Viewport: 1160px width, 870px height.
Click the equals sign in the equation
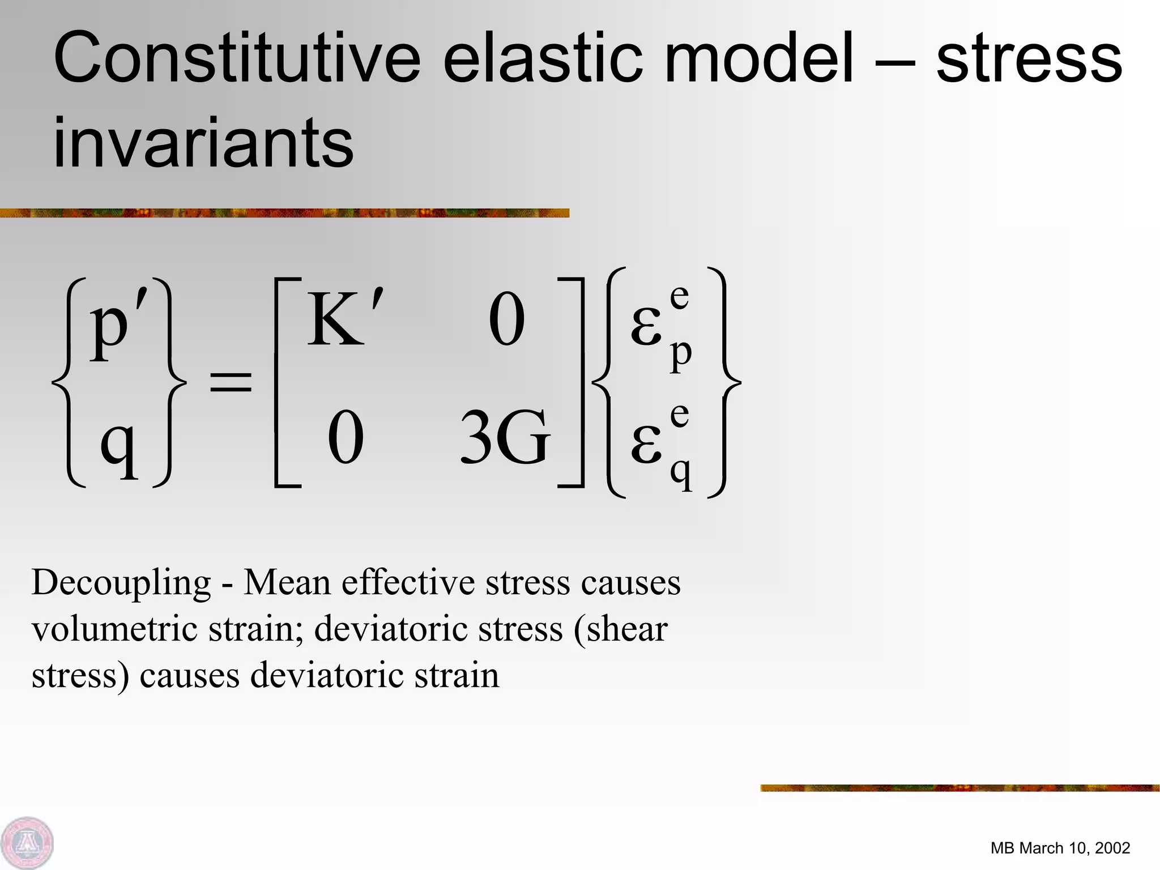point(231,382)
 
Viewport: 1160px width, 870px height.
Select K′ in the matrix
point(343,319)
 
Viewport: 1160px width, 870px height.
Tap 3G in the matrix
point(504,438)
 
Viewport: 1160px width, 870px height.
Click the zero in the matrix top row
point(506,319)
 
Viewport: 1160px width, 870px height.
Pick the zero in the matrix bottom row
point(346,438)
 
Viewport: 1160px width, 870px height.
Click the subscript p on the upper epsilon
point(681,355)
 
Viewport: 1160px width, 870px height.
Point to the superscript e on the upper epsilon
point(679,296)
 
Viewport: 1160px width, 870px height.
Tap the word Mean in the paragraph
point(287,583)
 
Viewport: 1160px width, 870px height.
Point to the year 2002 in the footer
point(1112,848)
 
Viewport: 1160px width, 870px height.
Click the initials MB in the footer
point(1002,848)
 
